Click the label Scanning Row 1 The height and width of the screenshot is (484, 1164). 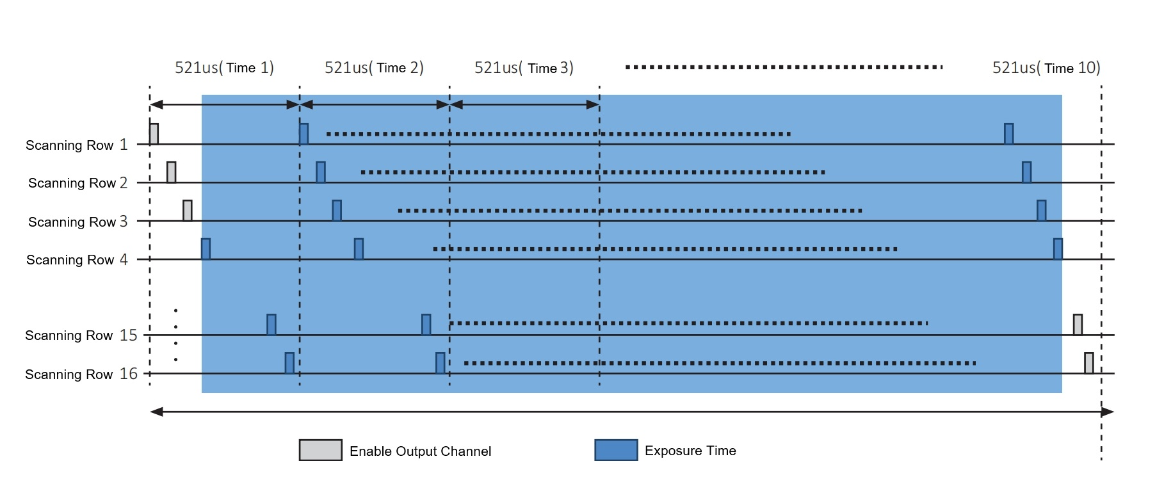[x=77, y=145]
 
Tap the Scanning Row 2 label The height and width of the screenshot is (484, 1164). [x=78, y=183]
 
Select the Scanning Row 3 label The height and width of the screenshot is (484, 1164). [x=78, y=222]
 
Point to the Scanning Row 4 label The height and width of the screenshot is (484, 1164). [x=77, y=259]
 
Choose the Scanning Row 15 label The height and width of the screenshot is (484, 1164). [x=81, y=335]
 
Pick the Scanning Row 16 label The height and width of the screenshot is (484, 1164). [x=81, y=374]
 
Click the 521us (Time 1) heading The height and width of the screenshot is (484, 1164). [x=224, y=68]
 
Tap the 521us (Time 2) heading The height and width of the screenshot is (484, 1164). [x=374, y=68]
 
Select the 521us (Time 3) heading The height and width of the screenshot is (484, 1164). [x=524, y=68]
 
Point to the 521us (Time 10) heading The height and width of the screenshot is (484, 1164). [x=1046, y=68]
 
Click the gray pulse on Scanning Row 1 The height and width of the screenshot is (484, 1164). [x=154, y=134]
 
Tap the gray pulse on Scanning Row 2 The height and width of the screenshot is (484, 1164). [x=171, y=172]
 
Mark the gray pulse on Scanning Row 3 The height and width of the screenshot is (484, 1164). [x=187, y=211]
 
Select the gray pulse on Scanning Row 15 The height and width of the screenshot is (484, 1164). [x=1078, y=325]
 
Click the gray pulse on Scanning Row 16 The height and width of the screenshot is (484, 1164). [x=1088, y=363]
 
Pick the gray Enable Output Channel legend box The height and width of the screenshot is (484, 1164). [x=320, y=450]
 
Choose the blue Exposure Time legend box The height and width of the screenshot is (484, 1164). [x=616, y=450]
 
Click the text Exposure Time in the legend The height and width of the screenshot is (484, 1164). [x=690, y=451]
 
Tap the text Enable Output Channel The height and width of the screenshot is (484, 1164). [x=420, y=451]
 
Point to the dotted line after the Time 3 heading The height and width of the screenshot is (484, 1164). [x=784, y=67]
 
